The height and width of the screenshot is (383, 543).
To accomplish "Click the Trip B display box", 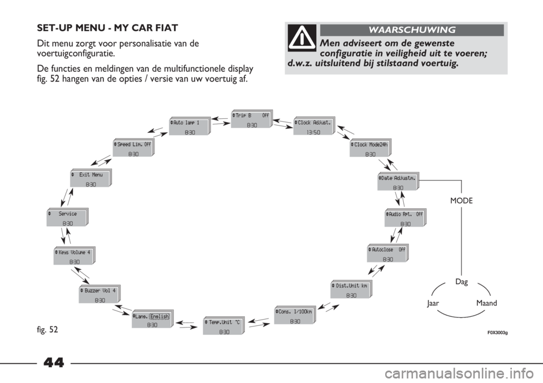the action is point(252,119).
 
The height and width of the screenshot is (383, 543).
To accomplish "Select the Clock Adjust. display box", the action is point(314,126).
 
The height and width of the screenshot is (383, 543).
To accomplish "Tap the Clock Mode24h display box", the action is point(370,148).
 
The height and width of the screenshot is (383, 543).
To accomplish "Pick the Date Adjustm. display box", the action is point(398,182).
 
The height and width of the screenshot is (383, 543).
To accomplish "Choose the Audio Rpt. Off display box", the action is point(406,218).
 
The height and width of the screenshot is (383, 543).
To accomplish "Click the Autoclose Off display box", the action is point(388,253).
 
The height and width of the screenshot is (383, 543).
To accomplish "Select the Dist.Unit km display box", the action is point(351,290).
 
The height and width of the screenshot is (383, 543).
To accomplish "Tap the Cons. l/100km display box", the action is point(295,315).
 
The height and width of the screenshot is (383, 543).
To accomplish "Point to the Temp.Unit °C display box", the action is point(224,325).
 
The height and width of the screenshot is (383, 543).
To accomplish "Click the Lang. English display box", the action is point(152,319).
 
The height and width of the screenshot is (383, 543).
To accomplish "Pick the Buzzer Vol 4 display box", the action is point(100,294).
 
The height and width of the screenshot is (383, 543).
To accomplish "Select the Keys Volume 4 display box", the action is point(75,256).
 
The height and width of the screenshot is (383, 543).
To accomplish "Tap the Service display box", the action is point(67,217).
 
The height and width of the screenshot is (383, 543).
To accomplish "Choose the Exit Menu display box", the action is point(91,178).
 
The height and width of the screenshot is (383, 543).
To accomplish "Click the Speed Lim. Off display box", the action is point(133,148).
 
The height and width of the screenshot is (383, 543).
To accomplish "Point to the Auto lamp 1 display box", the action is point(190,126).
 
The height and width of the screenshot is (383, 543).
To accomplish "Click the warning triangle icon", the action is point(302,37).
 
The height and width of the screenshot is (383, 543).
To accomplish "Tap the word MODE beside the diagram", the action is point(462,201).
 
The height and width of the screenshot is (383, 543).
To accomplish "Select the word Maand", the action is point(486,303).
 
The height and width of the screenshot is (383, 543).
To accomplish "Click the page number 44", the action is point(54,363).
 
